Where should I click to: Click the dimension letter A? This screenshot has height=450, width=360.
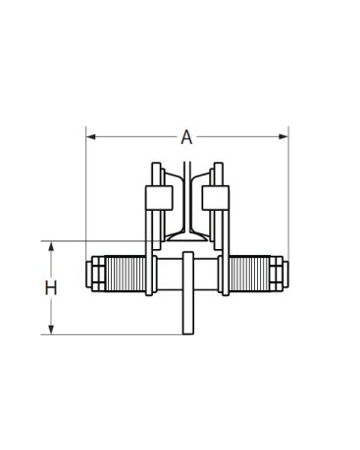click(186, 137)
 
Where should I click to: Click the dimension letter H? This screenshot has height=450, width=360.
click(51, 288)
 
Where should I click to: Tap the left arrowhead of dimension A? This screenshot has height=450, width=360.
click(90, 136)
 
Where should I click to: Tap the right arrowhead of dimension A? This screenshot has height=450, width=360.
click(283, 136)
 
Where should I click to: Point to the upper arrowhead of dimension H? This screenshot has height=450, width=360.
click(51, 246)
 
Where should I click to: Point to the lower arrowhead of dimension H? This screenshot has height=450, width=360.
click(51, 329)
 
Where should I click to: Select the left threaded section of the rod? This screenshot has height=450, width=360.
click(126, 274)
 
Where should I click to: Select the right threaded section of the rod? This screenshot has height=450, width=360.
click(249, 274)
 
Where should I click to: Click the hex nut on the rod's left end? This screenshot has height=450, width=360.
click(99, 274)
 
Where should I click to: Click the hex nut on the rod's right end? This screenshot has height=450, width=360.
click(276, 274)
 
